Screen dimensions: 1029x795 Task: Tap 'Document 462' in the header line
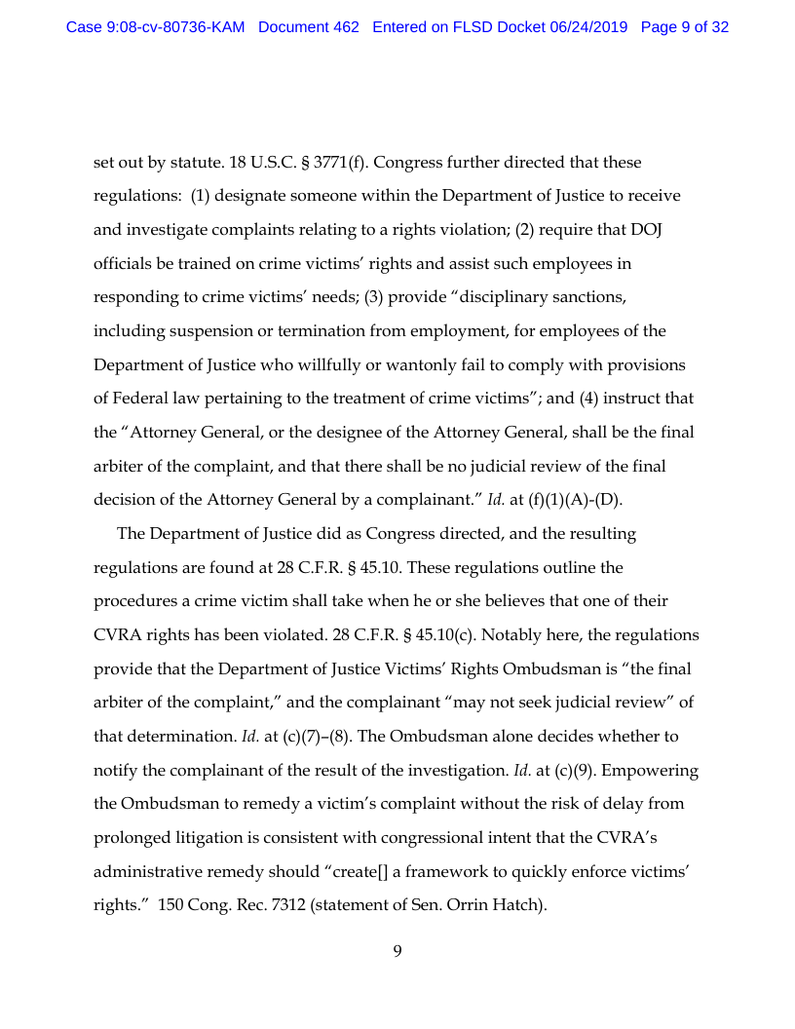click(x=309, y=27)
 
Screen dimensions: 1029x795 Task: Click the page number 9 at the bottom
click(x=397, y=951)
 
